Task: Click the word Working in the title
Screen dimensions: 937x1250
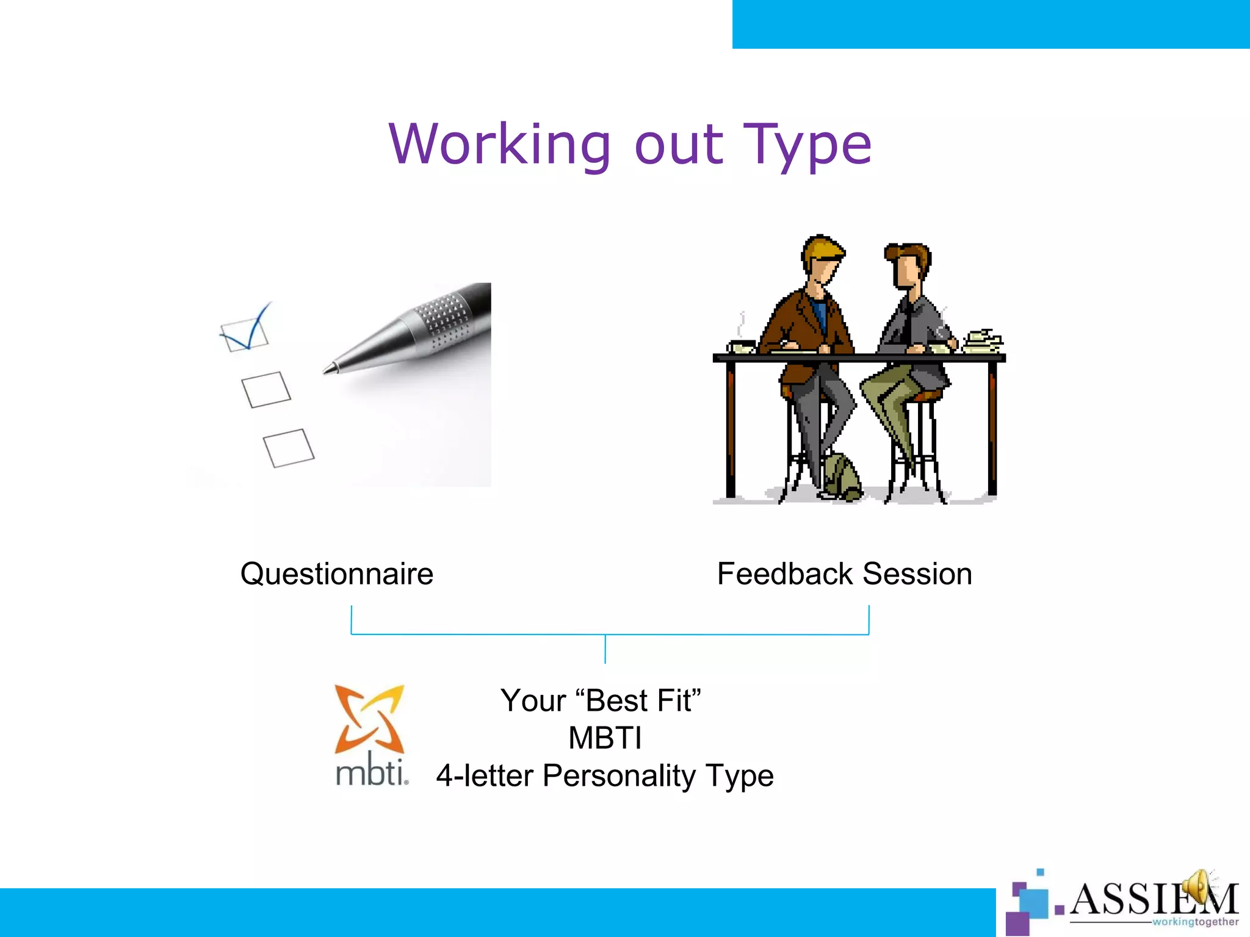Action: tap(499, 145)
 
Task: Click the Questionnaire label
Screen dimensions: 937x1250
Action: tap(337, 574)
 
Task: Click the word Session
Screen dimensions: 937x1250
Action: tap(917, 574)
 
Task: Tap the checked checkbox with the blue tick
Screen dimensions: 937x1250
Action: tap(245, 335)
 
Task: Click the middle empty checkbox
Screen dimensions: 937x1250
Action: tap(266, 389)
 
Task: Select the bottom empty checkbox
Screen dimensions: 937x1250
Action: tap(289, 448)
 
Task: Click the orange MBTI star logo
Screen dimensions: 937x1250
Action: tap(369, 719)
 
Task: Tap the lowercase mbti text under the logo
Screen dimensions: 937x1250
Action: tap(372, 772)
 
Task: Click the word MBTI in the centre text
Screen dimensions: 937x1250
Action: tap(605, 738)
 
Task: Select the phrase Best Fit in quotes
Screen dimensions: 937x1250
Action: tap(638, 700)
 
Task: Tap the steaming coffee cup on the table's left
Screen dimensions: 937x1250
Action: tap(742, 346)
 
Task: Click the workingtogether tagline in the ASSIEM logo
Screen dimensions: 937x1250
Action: tap(1195, 922)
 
